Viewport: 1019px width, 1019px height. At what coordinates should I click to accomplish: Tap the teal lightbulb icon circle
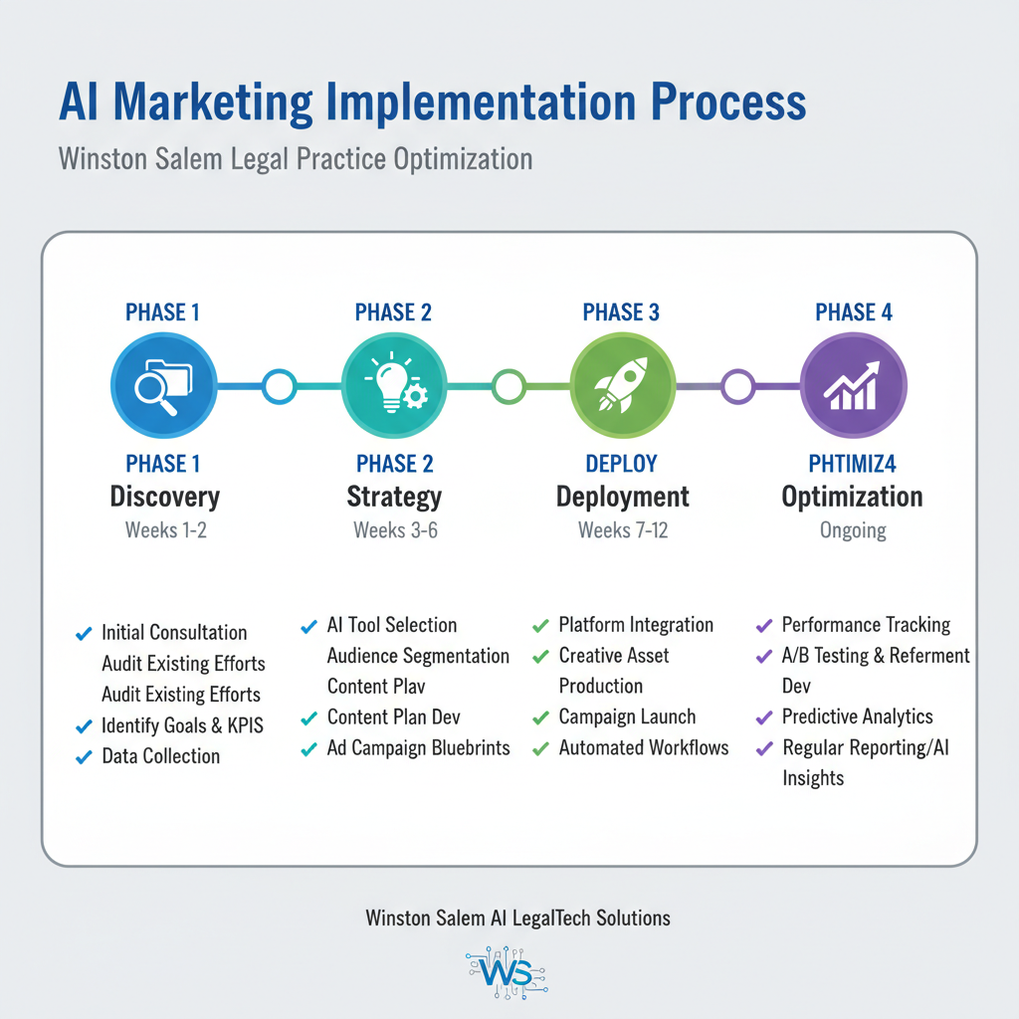pos(395,386)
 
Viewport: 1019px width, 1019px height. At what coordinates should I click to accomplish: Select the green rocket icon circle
pos(622,386)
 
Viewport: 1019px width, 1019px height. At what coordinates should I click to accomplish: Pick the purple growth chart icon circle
pos(853,386)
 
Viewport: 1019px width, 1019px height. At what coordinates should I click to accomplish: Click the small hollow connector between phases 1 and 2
pos(280,386)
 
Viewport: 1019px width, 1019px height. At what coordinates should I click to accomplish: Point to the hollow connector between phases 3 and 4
pos(737,386)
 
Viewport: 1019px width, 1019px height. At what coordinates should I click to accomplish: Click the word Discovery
pos(165,497)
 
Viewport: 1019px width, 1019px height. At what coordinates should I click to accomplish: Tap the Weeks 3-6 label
pos(395,530)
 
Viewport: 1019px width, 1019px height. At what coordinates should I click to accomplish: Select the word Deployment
pos(623,497)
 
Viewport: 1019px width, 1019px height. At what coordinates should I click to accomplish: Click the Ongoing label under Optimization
pos(853,530)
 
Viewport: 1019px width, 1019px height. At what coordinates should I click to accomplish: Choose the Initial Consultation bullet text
pos(174,633)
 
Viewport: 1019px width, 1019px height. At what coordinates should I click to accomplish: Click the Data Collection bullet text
pos(160,756)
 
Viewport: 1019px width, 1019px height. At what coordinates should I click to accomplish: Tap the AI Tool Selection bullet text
pos(392,625)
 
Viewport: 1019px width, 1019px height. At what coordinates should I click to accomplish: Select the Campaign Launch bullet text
pos(627,716)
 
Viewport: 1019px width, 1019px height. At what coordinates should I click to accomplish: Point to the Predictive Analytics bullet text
pos(857,716)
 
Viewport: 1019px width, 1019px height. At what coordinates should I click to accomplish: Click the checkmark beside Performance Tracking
pos(764,626)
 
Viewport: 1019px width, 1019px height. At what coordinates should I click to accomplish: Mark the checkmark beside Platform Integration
pos(540,626)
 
